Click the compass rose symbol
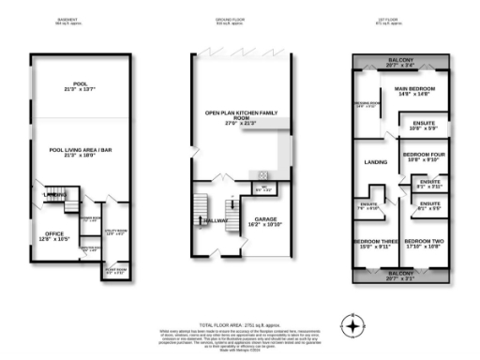(x=352, y=325)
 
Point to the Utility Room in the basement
(x=114, y=234)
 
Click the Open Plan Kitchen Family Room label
(x=241, y=116)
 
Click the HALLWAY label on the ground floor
(x=213, y=220)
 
